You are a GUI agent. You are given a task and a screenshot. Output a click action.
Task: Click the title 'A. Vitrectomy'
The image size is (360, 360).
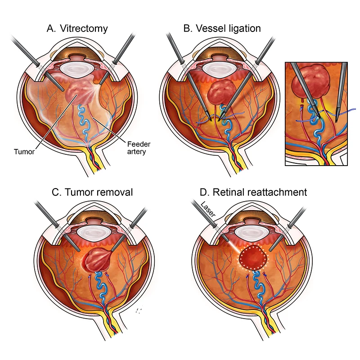[77, 29]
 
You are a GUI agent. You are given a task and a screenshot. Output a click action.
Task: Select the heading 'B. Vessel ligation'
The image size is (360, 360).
[222, 29]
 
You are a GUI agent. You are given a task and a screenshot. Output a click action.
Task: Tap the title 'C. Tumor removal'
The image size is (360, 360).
[92, 192]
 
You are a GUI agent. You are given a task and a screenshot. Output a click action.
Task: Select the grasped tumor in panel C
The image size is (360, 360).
[95, 261]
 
